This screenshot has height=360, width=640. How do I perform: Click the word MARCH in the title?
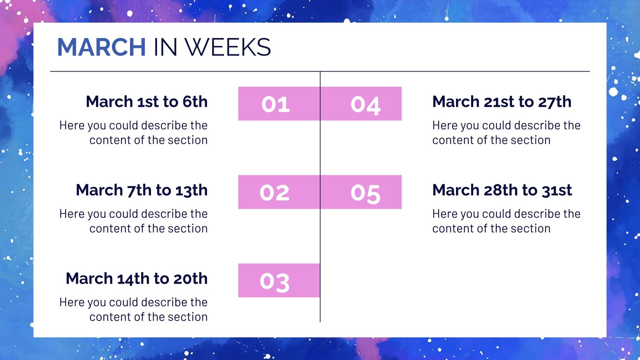pos(101,47)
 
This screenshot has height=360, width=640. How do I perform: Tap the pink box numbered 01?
pos(279,104)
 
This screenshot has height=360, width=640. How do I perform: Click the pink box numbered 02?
pos(279,192)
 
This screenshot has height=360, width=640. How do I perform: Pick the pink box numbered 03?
pos(279,280)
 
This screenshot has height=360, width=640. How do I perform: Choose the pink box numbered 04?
pos(361,104)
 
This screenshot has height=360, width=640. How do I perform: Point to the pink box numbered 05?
pos(361,192)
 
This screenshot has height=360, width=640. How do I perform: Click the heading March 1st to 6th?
pos(146,102)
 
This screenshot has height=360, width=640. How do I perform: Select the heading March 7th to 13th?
pos(142,190)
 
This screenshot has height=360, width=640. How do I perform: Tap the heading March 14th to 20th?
pos(136,278)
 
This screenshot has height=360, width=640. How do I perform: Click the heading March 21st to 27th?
pos(502,102)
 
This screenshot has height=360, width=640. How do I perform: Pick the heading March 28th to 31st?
pos(502,190)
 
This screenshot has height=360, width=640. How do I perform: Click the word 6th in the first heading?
pos(195,102)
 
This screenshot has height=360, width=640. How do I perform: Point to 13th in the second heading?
pos(191,190)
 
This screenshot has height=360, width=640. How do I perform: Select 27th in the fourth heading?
pos(554,102)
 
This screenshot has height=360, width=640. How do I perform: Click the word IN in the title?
pos(165,47)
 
